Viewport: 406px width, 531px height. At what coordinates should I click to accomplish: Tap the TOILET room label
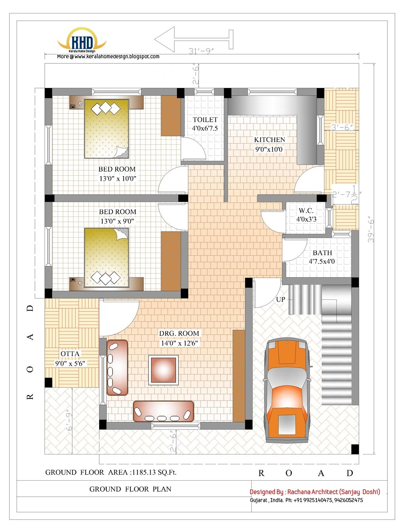click(205, 120)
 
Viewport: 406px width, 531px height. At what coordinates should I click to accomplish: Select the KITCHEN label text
click(270, 140)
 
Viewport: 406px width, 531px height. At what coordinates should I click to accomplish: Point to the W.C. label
click(306, 211)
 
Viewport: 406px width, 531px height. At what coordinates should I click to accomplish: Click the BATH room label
click(322, 253)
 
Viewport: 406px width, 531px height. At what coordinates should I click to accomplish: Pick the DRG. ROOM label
click(179, 334)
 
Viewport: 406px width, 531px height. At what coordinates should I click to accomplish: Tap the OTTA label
click(70, 354)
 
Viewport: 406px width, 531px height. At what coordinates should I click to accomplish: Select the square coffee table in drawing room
click(163, 370)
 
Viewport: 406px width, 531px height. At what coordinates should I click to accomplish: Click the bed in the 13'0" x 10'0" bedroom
click(107, 128)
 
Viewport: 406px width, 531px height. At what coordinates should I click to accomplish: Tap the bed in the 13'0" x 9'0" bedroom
click(107, 257)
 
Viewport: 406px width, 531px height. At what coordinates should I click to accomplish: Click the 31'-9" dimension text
click(201, 51)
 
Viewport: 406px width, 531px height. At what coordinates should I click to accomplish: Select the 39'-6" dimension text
click(371, 229)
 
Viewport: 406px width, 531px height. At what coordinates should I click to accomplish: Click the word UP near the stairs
click(281, 299)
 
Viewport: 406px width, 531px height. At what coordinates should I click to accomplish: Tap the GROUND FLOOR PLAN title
click(130, 489)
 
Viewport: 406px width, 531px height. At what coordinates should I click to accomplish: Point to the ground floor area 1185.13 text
click(111, 472)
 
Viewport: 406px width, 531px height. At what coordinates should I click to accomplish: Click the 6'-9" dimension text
click(70, 420)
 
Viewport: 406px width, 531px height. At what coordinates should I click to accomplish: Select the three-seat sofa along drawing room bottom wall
click(163, 411)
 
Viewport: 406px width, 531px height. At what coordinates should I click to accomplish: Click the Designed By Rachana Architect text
click(315, 492)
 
